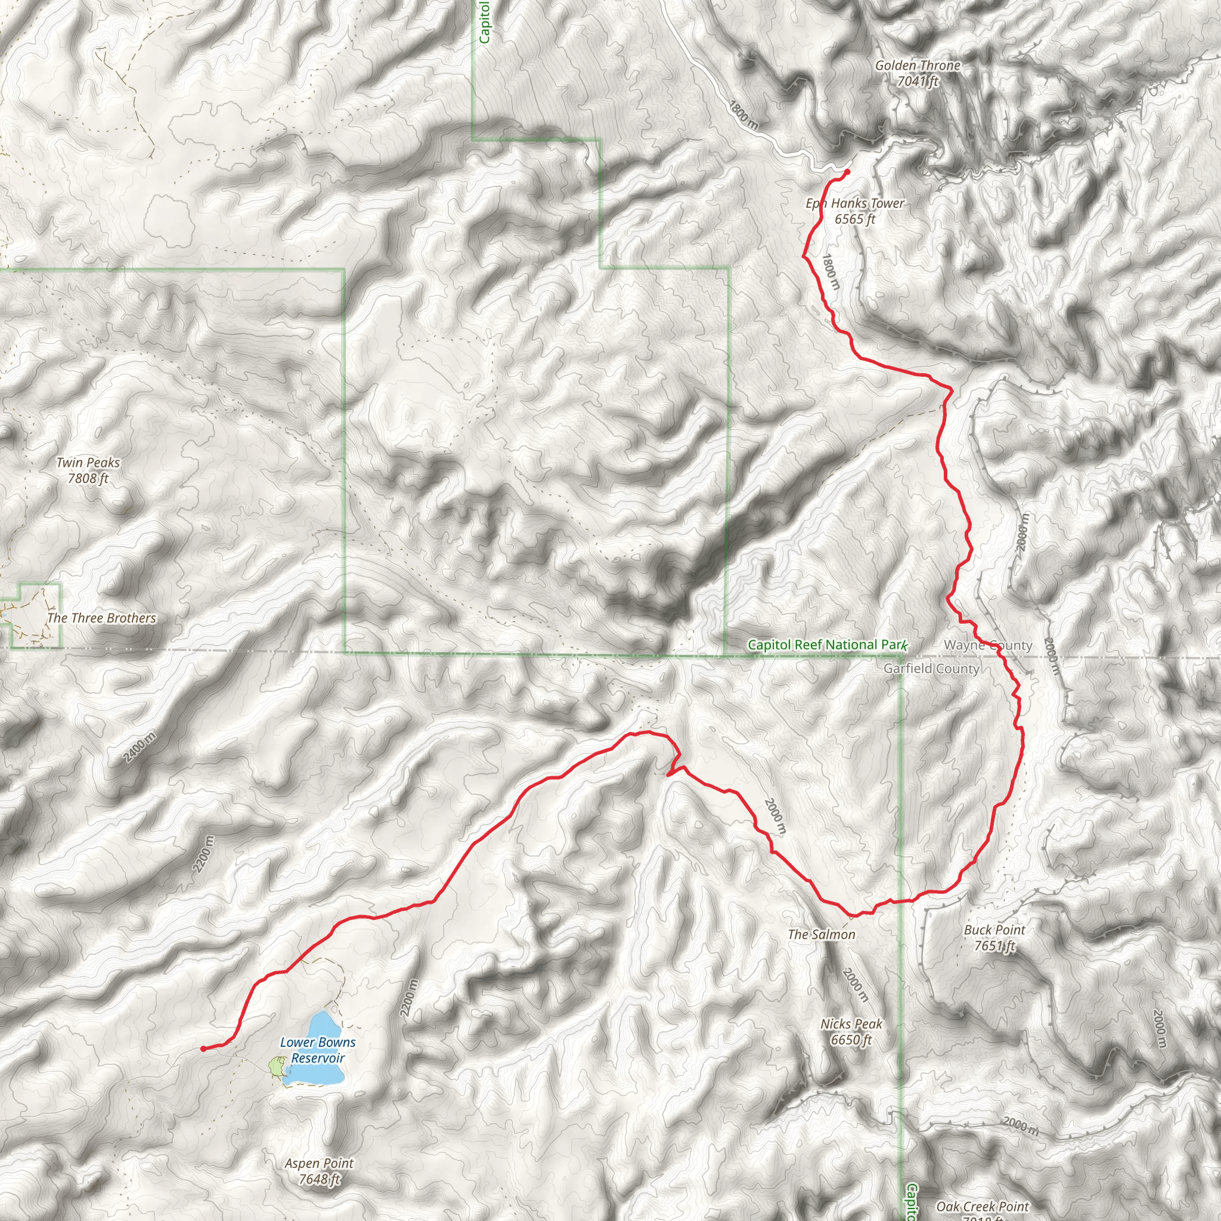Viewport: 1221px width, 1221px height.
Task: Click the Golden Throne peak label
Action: (917, 66)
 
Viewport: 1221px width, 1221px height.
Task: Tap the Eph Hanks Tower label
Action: (854, 203)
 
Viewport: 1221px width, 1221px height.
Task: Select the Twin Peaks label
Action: (88, 463)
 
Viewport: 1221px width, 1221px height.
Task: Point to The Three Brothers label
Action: (102, 618)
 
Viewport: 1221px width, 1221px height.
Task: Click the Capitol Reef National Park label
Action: (827, 644)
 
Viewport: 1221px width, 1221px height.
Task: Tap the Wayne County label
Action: (988, 645)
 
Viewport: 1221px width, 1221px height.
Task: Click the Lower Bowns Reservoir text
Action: (318, 1050)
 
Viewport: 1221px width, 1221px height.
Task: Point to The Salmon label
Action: (822, 934)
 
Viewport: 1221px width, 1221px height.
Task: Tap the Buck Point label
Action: (994, 929)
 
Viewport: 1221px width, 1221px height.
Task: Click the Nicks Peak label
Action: (851, 1024)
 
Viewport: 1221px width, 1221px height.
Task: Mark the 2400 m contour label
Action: (140, 746)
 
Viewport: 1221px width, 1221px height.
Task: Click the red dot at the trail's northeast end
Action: (847, 171)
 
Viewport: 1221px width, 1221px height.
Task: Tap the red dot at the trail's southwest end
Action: (203, 1049)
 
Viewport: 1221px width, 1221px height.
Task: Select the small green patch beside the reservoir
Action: (275, 1066)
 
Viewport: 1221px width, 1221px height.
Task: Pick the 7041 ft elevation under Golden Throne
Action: (918, 82)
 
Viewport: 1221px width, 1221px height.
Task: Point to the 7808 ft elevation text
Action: (88, 478)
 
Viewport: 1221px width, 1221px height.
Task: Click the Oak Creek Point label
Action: (982, 1207)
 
